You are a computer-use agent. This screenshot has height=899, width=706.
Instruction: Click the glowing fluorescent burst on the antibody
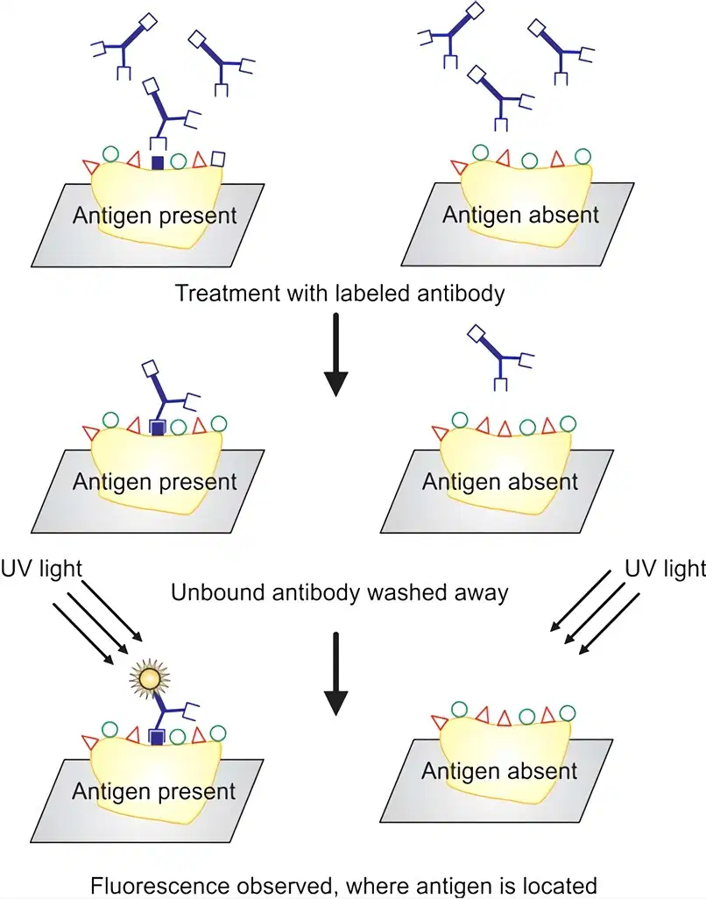tap(148, 678)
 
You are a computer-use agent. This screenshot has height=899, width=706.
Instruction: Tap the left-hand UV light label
tap(41, 569)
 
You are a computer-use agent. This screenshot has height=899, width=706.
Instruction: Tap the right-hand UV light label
tap(665, 569)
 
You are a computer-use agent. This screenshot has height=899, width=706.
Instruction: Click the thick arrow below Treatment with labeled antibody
tap(336, 354)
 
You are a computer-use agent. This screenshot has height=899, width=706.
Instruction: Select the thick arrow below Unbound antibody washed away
tap(336, 674)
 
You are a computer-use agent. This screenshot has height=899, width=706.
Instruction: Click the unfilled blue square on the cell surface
tap(218, 159)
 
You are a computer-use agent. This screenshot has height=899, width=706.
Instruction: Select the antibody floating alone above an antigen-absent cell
tap(500, 357)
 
